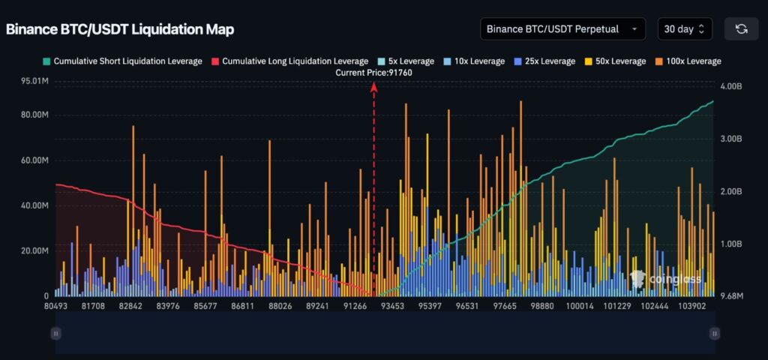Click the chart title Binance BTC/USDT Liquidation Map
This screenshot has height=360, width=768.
point(120,29)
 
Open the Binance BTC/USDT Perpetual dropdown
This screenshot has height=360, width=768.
point(562,29)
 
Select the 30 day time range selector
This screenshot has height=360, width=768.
point(684,29)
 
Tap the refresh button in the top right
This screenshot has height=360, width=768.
point(741,29)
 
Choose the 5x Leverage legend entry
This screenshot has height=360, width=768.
point(404,61)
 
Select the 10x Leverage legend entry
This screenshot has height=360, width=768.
point(474,61)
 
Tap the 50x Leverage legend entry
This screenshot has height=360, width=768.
point(616,61)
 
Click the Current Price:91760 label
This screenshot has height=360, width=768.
point(373,73)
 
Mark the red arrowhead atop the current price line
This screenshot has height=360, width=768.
point(373,87)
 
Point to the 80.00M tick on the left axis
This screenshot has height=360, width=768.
point(34,115)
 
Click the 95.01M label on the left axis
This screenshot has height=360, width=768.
point(34,81)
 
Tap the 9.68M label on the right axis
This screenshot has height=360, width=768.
point(731,296)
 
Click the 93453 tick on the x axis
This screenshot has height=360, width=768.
point(391,306)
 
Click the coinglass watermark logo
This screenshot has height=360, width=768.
point(666,279)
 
